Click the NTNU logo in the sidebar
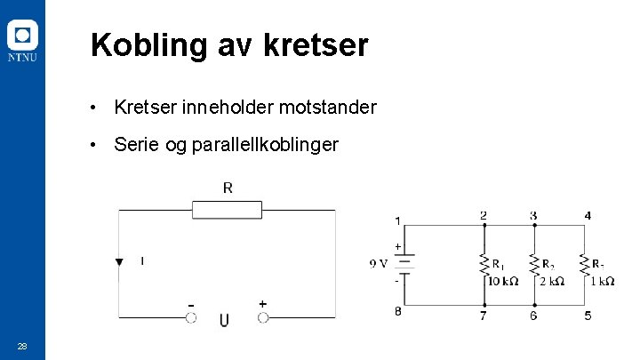coord(22,42)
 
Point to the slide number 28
coord(22,346)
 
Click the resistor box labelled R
coord(228,210)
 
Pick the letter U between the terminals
coord(225,319)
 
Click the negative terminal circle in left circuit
coord(190,317)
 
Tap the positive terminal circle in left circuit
coord(263,317)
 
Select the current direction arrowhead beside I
coord(119,261)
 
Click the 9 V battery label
coord(379,262)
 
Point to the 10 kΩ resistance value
coord(502,281)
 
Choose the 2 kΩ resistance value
coord(552,281)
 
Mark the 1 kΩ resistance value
coord(602,281)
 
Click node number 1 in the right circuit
coord(397,220)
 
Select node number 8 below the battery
coord(397,311)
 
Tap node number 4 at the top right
coord(588,215)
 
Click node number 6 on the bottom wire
coord(533,316)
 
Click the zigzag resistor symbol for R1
coord(484,264)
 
